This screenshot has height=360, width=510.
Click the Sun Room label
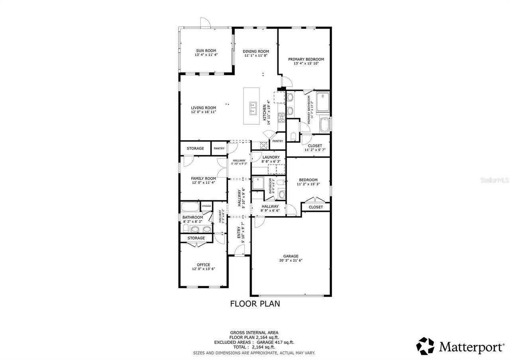click(x=206, y=51)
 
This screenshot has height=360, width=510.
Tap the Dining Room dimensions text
click(x=256, y=56)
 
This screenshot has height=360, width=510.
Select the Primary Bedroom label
click(x=306, y=59)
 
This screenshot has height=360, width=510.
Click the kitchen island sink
click(x=252, y=108)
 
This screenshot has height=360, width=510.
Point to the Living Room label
click(x=203, y=108)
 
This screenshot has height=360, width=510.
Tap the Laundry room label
click(x=271, y=157)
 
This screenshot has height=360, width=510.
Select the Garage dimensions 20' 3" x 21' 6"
click(x=291, y=261)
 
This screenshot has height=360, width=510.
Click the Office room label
click(x=203, y=265)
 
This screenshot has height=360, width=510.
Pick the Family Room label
click(x=203, y=178)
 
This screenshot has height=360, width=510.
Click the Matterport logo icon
click(x=426, y=346)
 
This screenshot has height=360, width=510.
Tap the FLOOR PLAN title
click(x=255, y=304)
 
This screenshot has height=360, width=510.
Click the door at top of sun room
click(x=204, y=23)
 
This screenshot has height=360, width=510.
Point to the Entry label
click(x=239, y=232)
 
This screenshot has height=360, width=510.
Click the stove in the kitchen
click(x=281, y=117)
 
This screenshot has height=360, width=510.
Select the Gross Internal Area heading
click(x=254, y=333)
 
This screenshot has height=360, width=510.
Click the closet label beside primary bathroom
click(x=315, y=146)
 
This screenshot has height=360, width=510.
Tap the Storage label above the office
click(x=196, y=238)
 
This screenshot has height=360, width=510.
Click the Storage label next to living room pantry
click(x=195, y=149)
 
